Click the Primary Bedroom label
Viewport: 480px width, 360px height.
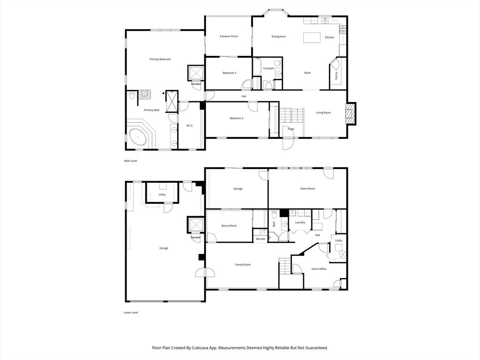coord(160,59)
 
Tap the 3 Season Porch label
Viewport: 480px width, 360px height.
coord(229,36)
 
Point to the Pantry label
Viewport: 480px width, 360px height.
coord(337,75)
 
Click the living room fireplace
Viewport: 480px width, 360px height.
coord(351,113)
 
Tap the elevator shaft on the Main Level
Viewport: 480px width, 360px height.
coord(196,74)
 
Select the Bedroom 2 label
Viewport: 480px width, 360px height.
coord(237,118)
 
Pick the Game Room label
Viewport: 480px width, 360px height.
coord(307,188)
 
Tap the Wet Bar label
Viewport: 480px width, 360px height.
coord(261,239)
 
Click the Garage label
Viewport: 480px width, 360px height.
coord(164,248)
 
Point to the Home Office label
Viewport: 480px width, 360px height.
coord(319,269)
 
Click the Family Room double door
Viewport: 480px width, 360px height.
coord(205,272)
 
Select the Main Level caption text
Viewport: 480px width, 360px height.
coord(130,161)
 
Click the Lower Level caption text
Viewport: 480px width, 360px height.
coord(131,313)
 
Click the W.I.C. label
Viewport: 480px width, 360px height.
coord(190,126)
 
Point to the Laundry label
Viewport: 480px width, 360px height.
coord(300,223)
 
